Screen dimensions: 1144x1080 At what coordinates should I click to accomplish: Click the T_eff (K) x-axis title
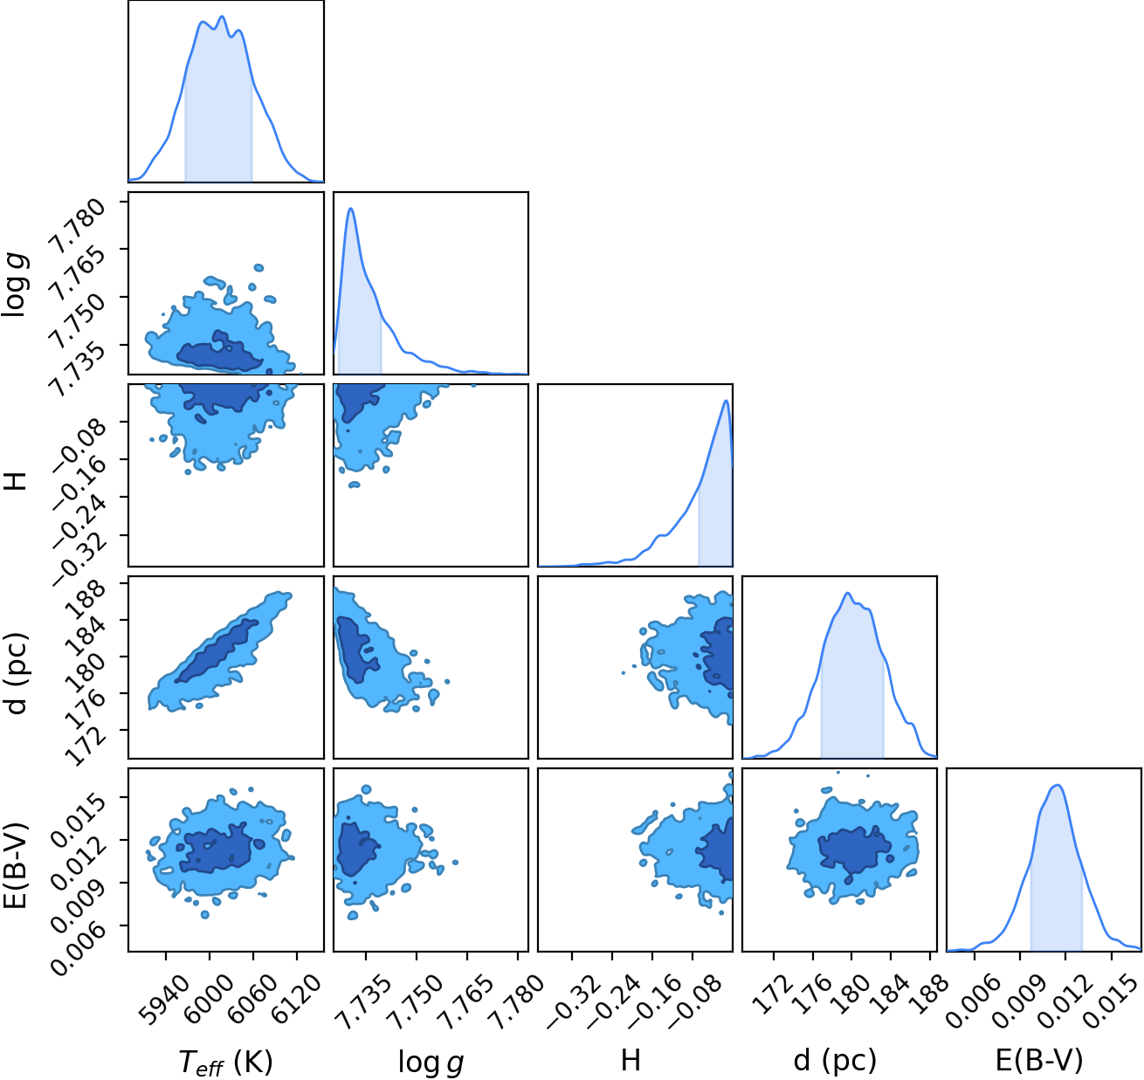(225, 1061)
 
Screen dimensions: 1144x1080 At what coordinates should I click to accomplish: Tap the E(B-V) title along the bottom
(1039, 1059)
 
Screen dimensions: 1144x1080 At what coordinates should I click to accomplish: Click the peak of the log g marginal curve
(351, 209)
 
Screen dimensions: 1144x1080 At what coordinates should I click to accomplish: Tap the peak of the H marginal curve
(727, 401)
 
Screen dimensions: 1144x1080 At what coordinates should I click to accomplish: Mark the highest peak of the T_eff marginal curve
(223, 16)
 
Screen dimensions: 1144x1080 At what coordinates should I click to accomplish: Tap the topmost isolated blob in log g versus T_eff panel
(258, 268)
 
